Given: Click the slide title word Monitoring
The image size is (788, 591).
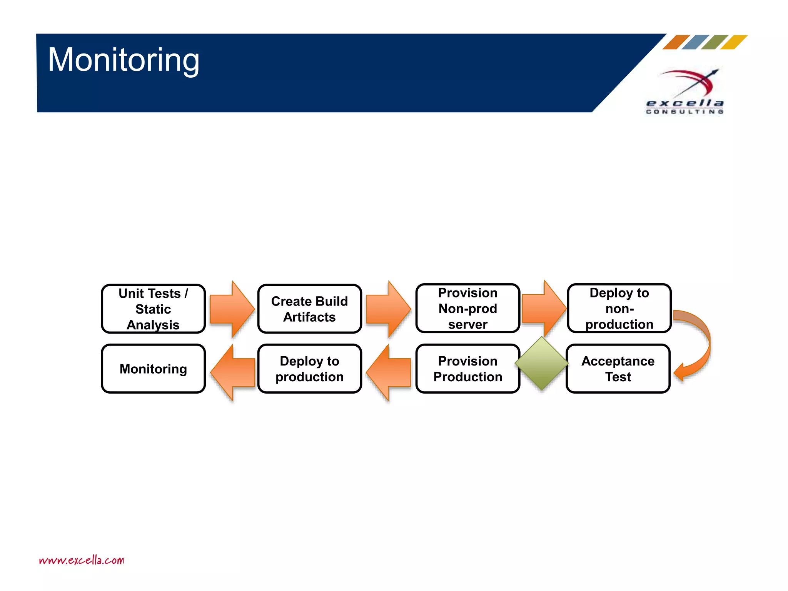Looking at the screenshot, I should pyautogui.click(x=124, y=60).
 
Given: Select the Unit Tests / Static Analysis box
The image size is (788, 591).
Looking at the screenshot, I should pyautogui.click(x=153, y=309).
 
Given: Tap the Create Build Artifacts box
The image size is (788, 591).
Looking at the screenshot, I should pyautogui.click(x=309, y=309).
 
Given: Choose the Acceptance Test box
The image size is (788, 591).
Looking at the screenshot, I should pyautogui.click(x=618, y=369).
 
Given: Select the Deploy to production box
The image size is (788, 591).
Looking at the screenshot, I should pyautogui.click(x=309, y=369).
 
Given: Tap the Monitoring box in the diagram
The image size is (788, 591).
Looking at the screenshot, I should pyautogui.click(x=153, y=369).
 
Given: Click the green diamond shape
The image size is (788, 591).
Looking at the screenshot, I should pyautogui.click(x=541, y=363).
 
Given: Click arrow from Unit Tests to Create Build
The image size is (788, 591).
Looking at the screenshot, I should pyautogui.click(x=232, y=309).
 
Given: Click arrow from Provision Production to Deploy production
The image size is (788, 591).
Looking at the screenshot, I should pyautogui.click(x=389, y=372).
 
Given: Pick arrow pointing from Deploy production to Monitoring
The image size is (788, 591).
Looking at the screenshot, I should pyautogui.click(x=233, y=372).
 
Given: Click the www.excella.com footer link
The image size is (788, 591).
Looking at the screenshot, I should pyautogui.click(x=82, y=560).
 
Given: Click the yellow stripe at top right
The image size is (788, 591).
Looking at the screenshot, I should pyautogui.click(x=734, y=42).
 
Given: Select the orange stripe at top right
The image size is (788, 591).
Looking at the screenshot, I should pyautogui.click(x=676, y=42).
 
